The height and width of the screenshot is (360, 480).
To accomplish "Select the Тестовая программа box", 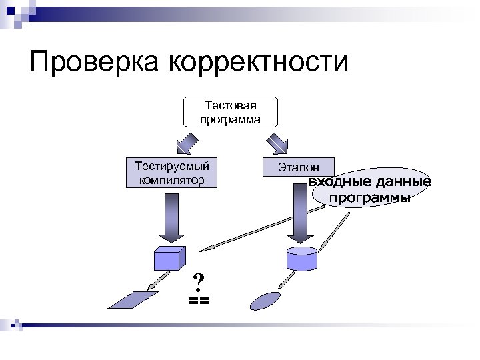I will click(231, 112).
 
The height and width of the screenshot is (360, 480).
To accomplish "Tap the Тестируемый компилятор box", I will click(172, 172).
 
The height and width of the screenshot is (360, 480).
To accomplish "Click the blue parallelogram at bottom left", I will click(133, 299).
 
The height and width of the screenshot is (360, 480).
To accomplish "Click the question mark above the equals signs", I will click(198, 282).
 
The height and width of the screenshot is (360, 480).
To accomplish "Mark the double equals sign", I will click(199, 301).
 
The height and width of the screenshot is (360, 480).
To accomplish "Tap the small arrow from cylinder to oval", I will click(288, 280).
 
